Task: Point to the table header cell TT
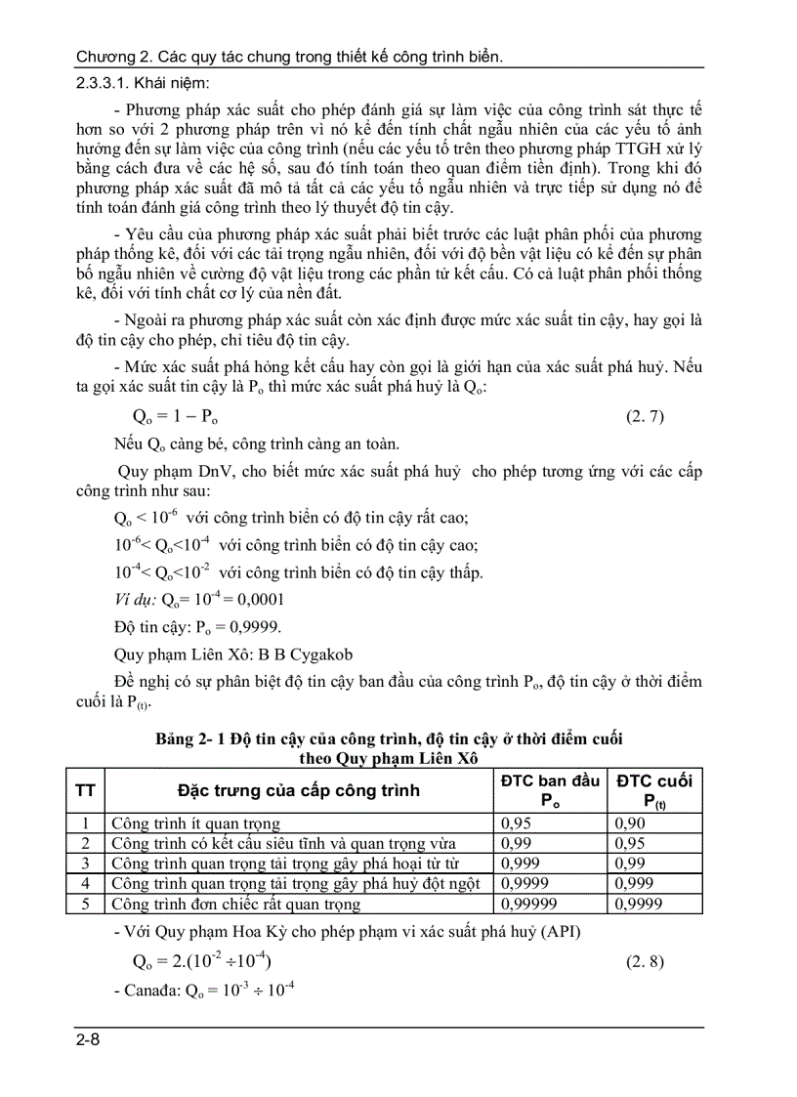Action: [x=86, y=790]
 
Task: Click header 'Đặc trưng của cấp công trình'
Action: [x=298, y=790]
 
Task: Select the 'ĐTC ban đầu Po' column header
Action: [x=550, y=790]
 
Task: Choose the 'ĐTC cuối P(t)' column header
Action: [x=653, y=790]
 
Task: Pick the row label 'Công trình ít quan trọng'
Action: [x=195, y=823]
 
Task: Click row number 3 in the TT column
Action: [x=86, y=864]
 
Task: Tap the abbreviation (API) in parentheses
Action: [x=560, y=931]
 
